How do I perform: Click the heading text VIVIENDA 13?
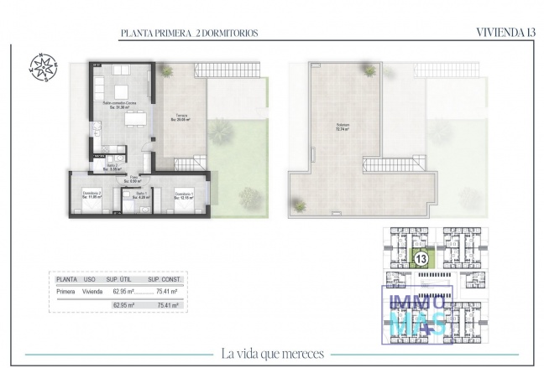coord(505,33)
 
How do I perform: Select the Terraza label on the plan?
coord(181,117)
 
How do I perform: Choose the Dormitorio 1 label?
coord(185,196)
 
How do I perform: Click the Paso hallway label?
coord(133,179)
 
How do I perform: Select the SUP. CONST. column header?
coord(165,279)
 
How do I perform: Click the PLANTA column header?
coord(67,279)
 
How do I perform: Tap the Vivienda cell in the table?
coord(92,291)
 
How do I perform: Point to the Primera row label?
coord(65,291)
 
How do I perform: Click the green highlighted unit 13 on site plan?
coord(421,258)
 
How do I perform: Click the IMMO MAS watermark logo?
coord(417,314)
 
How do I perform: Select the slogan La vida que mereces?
coord(273,353)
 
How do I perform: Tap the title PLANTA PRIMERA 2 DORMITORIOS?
coord(190,33)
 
